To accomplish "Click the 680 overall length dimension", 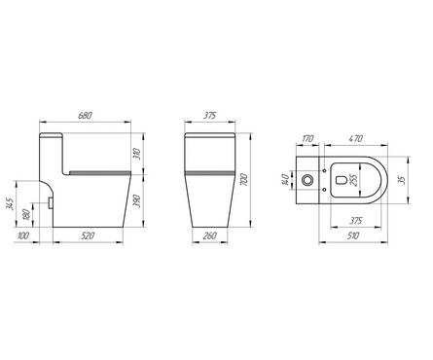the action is [85, 116].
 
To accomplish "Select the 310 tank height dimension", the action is [137, 154].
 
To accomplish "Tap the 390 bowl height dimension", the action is [137, 201].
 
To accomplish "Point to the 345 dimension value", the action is [11, 203].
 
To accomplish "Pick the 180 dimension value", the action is [27, 214].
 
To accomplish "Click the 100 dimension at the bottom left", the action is [23, 235].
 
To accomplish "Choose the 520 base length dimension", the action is [88, 235].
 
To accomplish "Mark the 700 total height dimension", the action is [244, 180].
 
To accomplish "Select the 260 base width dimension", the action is [210, 235].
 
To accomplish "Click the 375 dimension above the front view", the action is [210, 116].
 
